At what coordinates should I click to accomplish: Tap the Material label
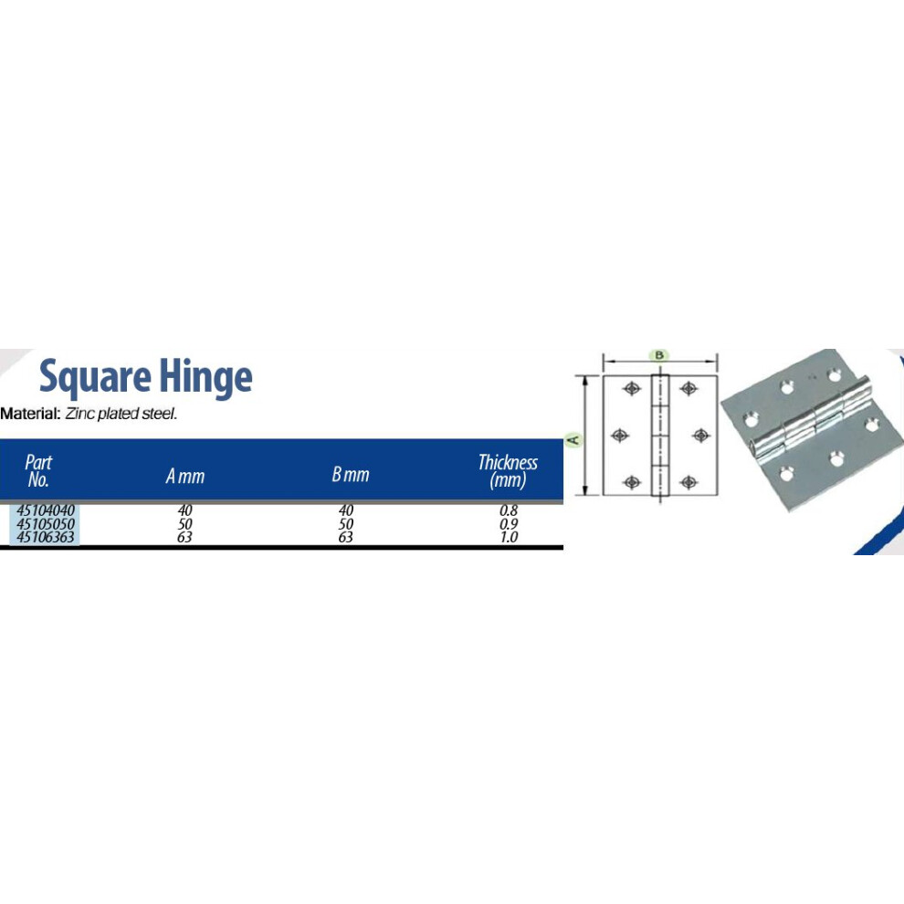[30, 414]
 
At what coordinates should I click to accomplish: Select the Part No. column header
[38, 471]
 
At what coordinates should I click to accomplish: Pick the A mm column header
[185, 476]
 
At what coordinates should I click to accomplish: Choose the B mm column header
[350, 475]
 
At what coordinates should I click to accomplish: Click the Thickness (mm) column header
[508, 471]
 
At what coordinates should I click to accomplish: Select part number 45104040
[46, 510]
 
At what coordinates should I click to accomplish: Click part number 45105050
[46, 523]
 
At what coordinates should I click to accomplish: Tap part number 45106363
[46, 537]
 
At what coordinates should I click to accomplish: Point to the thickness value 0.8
[509, 510]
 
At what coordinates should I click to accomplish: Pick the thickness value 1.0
[509, 537]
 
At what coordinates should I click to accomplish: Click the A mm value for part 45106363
[184, 537]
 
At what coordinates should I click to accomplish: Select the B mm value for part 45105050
[345, 523]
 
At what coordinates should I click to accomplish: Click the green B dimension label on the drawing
[659, 354]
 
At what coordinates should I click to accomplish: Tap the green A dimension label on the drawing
[574, 440]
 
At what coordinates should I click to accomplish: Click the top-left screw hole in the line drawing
[632, 388]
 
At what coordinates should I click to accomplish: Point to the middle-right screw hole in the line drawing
[700, 436]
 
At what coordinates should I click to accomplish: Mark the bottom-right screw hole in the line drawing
[689, 482]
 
